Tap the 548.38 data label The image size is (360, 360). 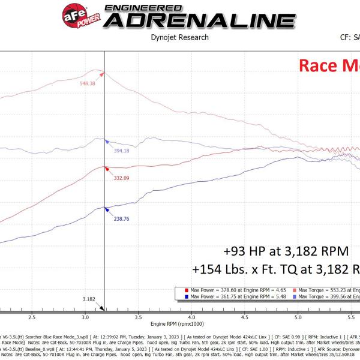[x=89, y=83]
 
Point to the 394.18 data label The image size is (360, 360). [x=122, y=151]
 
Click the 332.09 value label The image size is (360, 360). [x=122, y=178]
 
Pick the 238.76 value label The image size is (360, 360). [x=122, y=219]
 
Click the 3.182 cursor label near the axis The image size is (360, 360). [x=88, y=298]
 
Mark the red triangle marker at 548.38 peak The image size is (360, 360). [x=103, y=74]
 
